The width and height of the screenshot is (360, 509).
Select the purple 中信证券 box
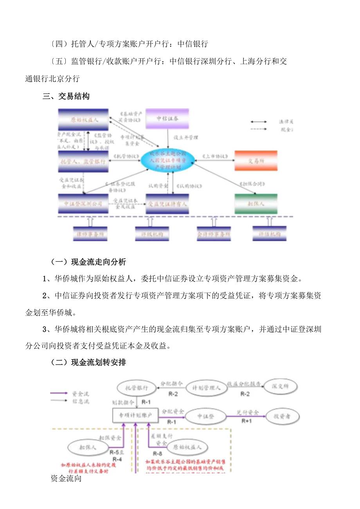(x=167, y=118)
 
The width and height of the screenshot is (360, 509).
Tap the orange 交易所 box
(x=256, y=160)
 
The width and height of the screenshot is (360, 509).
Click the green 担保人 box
(x=256, y=204)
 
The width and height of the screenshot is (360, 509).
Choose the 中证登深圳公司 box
(x=83, y=203)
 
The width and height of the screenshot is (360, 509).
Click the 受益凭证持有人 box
(x=167, y=204)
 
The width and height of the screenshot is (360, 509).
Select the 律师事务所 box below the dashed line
(x=90, y=234)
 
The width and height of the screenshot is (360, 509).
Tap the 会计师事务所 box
(x=214, y=234)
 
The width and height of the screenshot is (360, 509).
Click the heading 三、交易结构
(x=66, y=96)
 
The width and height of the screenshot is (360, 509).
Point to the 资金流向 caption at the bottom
(x=66, y=478)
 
